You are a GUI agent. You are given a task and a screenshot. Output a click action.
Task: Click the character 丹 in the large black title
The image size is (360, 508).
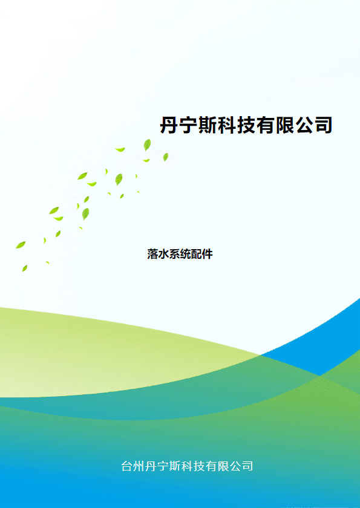[170, 125]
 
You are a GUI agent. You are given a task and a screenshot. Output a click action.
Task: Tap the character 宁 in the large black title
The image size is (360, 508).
[189, 125]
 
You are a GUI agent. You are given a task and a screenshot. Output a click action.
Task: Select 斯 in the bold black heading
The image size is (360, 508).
[208, 125]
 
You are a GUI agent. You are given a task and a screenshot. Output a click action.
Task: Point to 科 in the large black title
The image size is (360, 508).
[227, 125]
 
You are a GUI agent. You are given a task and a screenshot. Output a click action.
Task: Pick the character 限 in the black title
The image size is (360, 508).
[285, 125]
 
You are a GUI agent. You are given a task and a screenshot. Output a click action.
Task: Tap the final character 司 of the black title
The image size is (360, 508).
[323, 125]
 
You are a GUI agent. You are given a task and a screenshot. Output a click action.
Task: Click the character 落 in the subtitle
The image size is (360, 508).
[152, 254]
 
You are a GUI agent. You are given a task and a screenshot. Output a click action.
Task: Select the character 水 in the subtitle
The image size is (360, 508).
[163, 254]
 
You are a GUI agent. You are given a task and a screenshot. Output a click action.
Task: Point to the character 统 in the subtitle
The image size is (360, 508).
[185, 254]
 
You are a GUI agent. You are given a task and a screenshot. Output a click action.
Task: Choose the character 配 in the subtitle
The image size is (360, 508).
[197, 254]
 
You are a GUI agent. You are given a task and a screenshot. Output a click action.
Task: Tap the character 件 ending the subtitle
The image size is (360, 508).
[208, 254]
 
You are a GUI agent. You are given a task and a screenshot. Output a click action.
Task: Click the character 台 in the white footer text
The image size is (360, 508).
[126, 466]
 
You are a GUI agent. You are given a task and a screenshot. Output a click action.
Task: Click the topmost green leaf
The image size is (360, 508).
[147, 145]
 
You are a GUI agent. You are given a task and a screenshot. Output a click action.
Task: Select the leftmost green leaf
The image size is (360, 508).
[21, 245]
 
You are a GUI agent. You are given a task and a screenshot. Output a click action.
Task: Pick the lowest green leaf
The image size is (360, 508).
[25, 269]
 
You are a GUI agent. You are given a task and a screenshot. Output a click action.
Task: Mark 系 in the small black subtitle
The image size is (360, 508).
[175, 254]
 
